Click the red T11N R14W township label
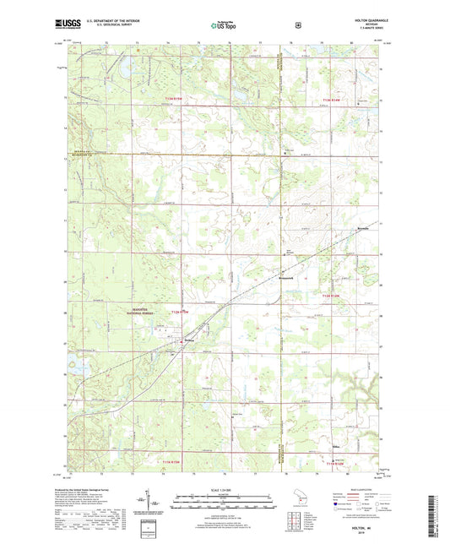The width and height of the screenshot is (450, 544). (x=335, y=462)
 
